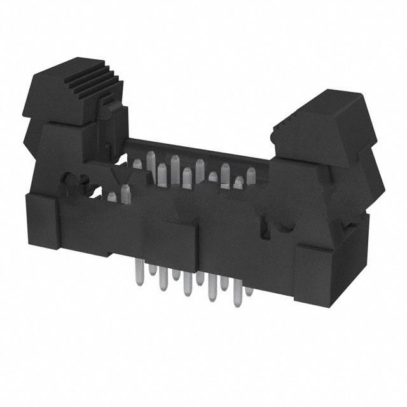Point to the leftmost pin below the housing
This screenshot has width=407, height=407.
click(137, 273)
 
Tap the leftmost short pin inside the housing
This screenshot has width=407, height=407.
click(112, 198)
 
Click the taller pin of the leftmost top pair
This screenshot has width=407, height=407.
click(125, 191)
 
